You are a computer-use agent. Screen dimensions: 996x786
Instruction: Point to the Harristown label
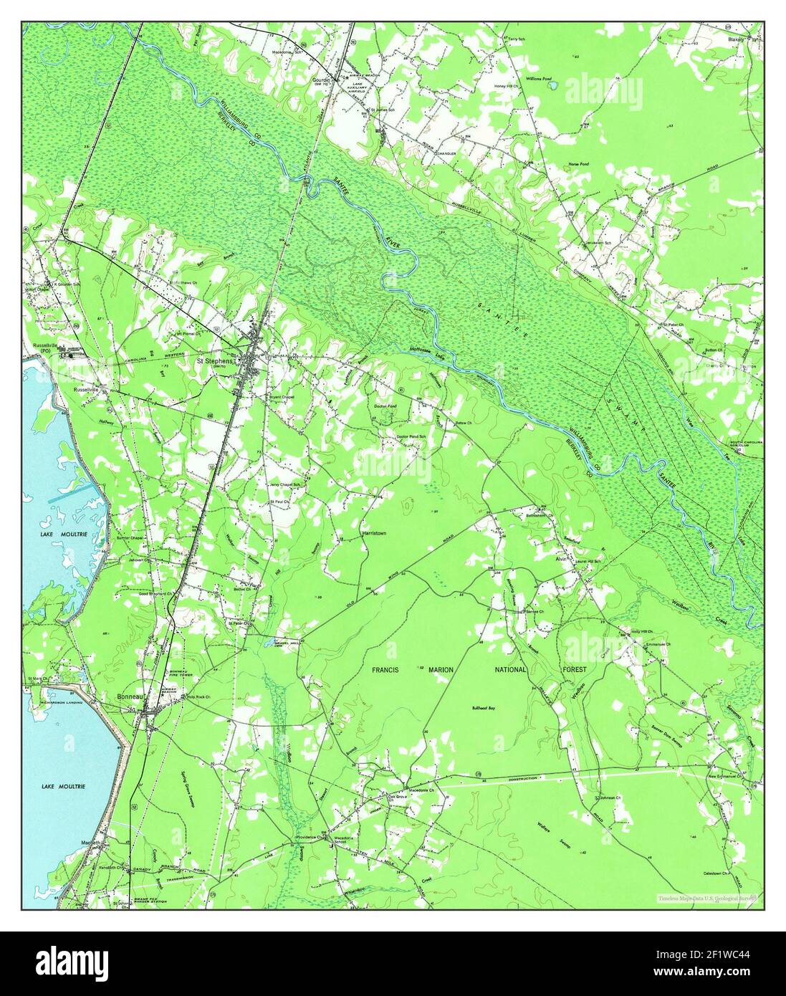click(373, 535)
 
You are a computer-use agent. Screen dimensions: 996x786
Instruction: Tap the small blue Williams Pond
click(552, 86)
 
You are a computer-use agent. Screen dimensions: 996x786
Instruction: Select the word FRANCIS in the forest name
click(390, 669)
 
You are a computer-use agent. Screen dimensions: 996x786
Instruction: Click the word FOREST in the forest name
click(574, 669)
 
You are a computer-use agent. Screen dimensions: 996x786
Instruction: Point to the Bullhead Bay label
click(483, 708)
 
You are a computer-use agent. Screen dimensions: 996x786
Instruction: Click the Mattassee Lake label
click(423, 350)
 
